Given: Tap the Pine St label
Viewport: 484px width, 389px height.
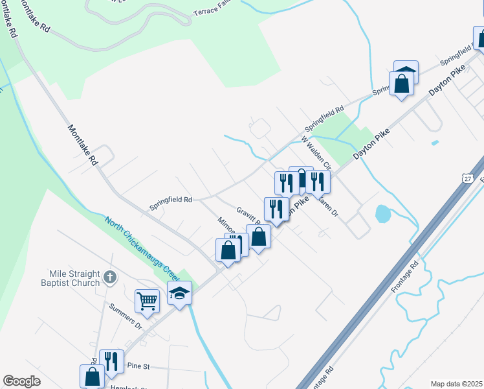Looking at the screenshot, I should pyautogui.click(x=138, y=366).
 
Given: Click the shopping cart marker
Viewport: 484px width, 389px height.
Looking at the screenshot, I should pyautogui.click(x=148, y=301).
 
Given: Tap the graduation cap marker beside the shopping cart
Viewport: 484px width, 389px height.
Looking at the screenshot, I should pyautogui.click(x=180, y=293).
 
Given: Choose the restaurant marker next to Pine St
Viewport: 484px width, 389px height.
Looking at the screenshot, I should pyautogui.click(x=111, y=361).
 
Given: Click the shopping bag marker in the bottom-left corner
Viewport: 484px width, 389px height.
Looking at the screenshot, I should pyautogui.click(x=92, y=376).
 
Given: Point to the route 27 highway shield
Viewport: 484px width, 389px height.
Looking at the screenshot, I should pyautogui.click(x=468, y=177).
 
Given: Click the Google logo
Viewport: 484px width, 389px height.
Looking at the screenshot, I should pyautogui.click(x=22, y=381).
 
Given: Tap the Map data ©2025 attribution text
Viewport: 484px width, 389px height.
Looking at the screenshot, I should pyautogui.click(x=456, y=384).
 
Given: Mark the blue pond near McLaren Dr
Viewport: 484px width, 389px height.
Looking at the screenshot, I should pyautogui.click(x=382, y=212).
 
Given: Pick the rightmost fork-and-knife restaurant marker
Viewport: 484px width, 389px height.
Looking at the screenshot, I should pyautogui.click(x=318, y=182).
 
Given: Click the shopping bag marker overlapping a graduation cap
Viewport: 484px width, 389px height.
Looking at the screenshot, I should pyautogui.click(x=402, y=85).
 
